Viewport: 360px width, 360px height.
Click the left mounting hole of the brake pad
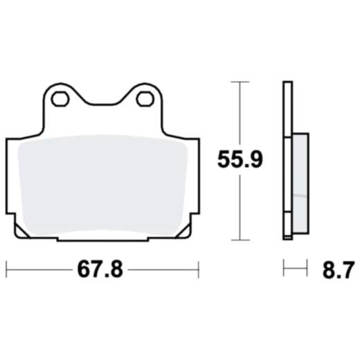click(x=61, y=99)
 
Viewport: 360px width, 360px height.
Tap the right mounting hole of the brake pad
click(x=145, y=99)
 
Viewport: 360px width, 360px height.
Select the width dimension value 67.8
click(x=100, y=269)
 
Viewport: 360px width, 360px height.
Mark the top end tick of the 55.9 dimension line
click(x=240, y=82)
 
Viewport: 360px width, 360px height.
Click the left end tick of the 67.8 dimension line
click(x=6, y=269)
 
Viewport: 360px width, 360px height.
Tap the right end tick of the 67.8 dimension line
click(x=199, y=269)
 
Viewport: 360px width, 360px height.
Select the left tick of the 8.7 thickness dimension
click(x=283, y=269)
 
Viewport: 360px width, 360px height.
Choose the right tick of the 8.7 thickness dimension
click(x=305, y=269)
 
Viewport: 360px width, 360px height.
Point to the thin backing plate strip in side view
click(x=286, y=159)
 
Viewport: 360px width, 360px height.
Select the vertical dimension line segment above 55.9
click(x=240, y=114)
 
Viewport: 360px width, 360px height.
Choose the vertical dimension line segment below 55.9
click(x=240, y=208)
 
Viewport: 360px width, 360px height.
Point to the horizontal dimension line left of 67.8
click(x=38, y=269)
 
